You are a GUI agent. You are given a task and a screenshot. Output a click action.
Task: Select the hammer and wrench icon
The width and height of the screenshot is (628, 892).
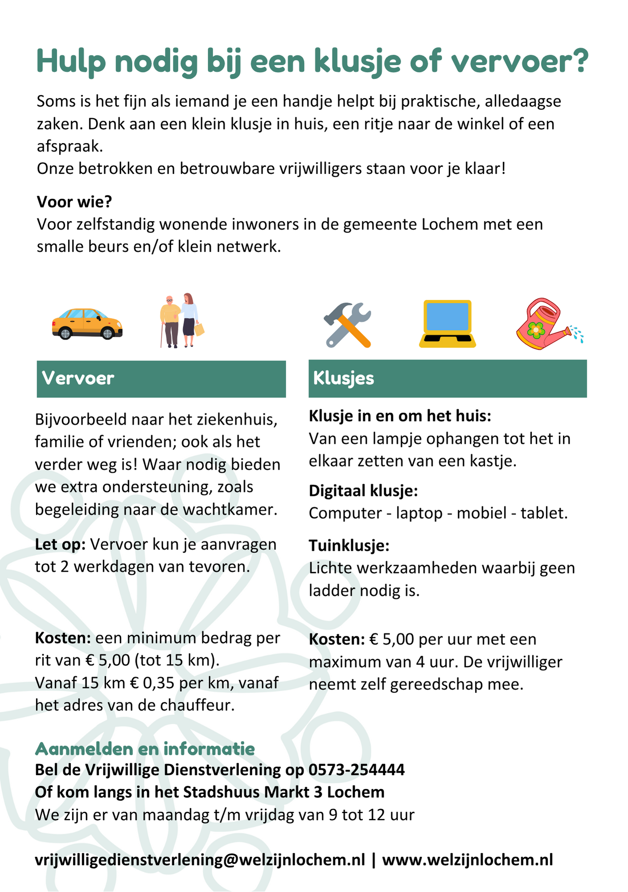point(347,325)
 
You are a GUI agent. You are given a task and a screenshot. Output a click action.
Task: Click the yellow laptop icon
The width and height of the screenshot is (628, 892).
point(447,324)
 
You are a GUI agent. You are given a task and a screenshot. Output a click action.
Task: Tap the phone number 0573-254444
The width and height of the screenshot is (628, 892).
point(357,769)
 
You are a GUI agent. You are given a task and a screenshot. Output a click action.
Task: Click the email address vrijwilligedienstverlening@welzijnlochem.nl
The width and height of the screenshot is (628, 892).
point(200,859)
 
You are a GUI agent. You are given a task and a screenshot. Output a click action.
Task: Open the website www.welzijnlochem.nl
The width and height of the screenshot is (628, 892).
point(468,859)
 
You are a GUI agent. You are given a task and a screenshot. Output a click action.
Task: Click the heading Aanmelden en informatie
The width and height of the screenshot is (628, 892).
point(145,749)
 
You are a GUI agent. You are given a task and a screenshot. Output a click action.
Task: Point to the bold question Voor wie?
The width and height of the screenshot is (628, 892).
point(74,202)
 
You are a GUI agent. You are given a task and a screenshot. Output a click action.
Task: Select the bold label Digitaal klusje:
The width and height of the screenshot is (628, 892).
point(363,491)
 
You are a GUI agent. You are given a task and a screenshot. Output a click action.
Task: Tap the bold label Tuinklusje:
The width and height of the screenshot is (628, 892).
point(349,545)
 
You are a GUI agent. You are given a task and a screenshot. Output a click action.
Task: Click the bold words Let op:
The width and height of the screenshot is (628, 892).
point(60,545)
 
